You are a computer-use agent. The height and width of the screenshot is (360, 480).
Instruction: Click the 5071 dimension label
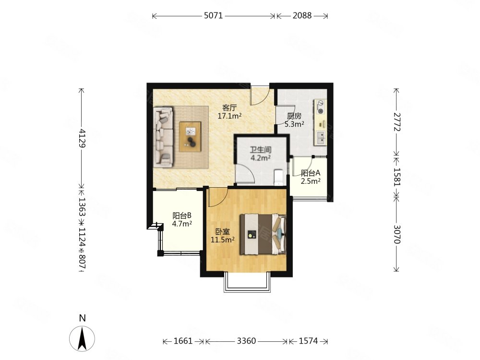214,15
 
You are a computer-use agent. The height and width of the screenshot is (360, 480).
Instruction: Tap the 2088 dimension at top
302,15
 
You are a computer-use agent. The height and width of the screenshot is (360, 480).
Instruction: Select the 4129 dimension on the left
82,138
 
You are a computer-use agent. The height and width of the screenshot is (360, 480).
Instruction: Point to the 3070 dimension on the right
397,234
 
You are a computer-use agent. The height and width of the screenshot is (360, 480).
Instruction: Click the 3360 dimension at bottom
246,341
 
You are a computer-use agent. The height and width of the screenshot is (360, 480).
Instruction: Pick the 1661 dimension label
183,341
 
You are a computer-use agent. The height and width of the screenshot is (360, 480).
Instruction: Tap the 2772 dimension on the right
397,122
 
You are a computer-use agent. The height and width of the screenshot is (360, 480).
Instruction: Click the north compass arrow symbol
82,338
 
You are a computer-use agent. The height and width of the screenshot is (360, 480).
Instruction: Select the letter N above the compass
82,318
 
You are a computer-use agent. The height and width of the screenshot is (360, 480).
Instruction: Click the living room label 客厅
229,108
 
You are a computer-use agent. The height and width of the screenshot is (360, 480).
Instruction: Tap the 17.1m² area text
229,116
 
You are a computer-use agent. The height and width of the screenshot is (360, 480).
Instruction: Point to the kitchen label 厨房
294,116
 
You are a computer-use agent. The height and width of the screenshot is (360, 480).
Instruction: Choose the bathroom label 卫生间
261,150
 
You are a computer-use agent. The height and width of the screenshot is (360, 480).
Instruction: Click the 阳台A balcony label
311,173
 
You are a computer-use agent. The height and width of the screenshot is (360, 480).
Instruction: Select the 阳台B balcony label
182,216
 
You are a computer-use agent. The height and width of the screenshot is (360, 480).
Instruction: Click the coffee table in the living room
191,136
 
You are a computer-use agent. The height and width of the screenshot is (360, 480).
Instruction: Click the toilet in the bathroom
279,178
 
